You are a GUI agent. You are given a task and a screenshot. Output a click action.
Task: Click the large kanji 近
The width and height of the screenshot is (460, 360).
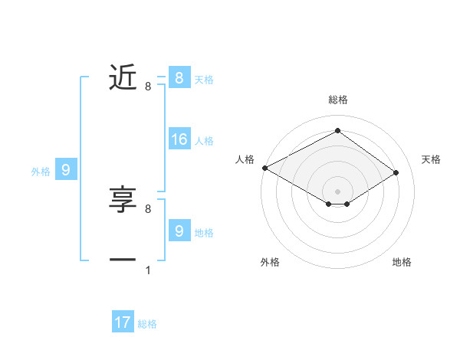point(123,77)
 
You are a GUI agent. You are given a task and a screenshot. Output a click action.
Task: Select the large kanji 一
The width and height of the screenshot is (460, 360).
point(123,260)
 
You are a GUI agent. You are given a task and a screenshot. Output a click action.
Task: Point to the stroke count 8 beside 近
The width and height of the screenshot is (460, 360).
point(148,87)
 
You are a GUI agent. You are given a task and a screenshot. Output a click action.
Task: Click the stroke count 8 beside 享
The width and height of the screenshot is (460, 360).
point(148,208)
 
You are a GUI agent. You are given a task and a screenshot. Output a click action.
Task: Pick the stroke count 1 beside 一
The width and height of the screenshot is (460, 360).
point(148,270)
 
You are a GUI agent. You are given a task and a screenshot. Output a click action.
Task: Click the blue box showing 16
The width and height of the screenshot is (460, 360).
point(179,139)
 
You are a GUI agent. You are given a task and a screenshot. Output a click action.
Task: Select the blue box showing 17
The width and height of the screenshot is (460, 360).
point(123,322)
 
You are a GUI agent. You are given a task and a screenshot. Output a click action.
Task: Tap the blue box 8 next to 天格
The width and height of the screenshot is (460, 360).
point(179,77)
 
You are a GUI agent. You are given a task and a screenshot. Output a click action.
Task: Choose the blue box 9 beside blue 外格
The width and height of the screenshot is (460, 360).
point(66,170)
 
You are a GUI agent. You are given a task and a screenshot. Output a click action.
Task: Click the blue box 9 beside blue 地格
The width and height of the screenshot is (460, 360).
point(179,231)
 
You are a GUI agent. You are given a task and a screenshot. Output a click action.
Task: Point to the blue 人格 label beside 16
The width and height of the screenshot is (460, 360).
point(204,141)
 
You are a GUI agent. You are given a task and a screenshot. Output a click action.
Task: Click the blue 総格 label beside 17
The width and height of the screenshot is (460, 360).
point(147,324)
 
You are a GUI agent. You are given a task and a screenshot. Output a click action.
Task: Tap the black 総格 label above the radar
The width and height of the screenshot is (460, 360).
point(337,100)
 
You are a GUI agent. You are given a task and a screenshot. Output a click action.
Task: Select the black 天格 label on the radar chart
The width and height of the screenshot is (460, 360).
point(431,159)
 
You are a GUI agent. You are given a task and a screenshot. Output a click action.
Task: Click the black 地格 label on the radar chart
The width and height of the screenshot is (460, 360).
point(402,262)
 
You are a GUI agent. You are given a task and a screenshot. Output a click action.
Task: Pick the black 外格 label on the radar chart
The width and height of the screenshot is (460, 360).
point(270,262)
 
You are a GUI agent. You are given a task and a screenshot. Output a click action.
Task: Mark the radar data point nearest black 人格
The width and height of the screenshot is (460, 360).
point(264,167)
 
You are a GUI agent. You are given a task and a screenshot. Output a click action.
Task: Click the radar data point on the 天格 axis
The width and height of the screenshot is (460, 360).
point(396,172)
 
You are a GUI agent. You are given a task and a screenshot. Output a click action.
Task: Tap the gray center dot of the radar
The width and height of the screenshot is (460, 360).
point(337,190)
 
